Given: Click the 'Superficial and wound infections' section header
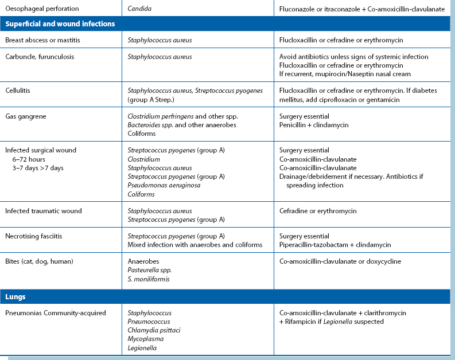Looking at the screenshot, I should click(60, 24).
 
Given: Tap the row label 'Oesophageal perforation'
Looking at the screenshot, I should click(42, 9).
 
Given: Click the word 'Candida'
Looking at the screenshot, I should click(141, 9).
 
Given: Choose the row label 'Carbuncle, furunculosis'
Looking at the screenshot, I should click(40, 57).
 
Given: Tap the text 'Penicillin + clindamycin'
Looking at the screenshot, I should click(314, 124).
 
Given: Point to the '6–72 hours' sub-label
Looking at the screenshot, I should click(30, 159).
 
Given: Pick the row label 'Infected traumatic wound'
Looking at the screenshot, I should click(44, 211).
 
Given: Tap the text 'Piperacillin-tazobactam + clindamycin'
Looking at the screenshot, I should click(335, 245).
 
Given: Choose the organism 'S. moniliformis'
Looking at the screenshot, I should click(149, 279).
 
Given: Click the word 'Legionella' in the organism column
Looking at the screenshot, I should click(142, 347).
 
